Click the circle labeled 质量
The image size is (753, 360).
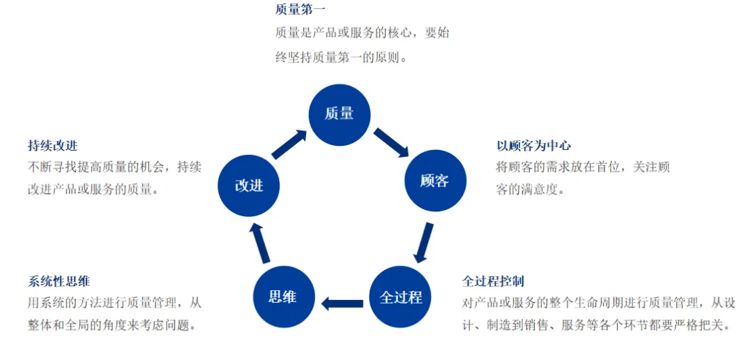pos(340,114)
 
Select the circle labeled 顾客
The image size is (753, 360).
pos(434,181)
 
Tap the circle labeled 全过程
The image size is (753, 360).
pos(400,297)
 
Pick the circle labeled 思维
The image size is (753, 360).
pos(283,297)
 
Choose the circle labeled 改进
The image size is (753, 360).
pos(249,186)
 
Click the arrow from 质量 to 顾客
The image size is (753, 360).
pos(391,142)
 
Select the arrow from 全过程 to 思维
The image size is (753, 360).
pos(342,303)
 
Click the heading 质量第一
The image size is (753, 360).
pos(300,10)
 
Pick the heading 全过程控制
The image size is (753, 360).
pos(493,281)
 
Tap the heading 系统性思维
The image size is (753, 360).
pos(59,282)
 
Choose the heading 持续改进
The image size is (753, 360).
pos(52,146)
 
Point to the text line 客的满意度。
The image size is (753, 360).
pos(530,189)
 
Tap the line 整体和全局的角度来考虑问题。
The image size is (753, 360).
pos(112,325)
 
